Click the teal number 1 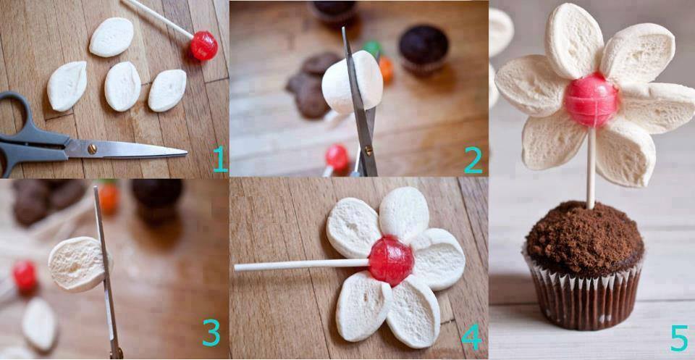220,159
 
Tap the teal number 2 473,159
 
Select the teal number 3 211,332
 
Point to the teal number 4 471,336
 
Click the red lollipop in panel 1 204,46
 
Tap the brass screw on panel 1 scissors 92,149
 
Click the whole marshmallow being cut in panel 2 353,82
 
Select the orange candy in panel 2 386,70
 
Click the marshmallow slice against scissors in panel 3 79,264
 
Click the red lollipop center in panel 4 391,261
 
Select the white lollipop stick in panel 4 302,264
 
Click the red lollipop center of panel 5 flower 591,100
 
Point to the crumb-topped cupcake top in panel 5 585,238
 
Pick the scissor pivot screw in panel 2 368,151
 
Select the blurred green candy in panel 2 372,48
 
